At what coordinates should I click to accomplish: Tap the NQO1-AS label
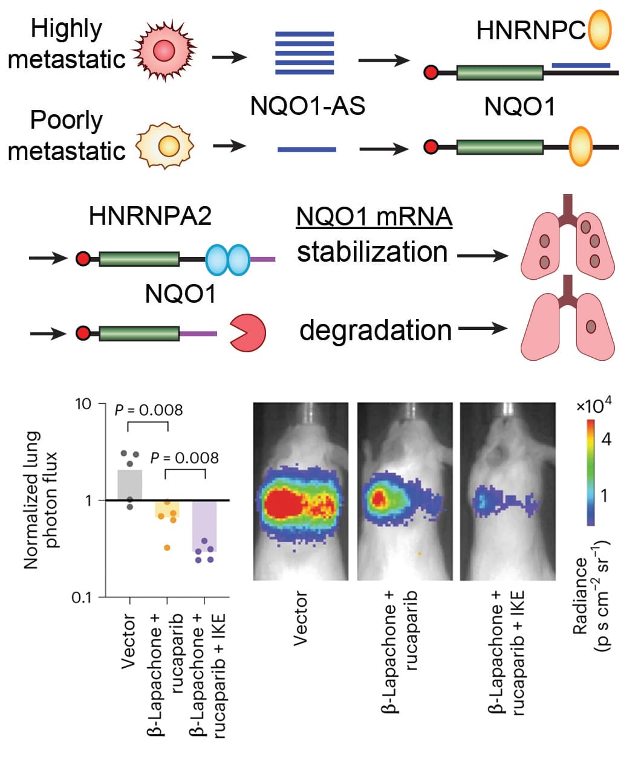tap(308, 106)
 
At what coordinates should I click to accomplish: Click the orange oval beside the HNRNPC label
tap(600, 30)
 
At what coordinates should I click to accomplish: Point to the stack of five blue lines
tap(305, 53)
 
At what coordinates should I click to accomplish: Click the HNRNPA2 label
tap(151, 216)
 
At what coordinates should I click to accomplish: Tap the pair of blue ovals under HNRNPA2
tap(227, 259)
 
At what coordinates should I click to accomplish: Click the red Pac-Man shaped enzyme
tap(247, 332)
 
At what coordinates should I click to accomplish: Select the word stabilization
tap(372, 252)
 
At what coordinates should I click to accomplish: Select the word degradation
tap(376, 331)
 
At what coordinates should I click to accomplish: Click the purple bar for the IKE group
tap(204, 526)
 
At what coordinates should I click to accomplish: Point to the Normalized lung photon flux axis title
tap(41, 500)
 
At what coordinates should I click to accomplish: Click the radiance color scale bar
tap(591, 471)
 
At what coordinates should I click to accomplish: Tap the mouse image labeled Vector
tap(301, 491)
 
